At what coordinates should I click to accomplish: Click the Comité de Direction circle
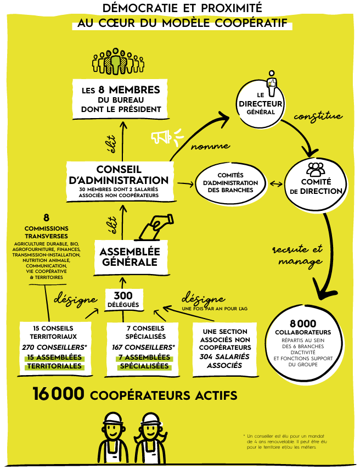[316, 185]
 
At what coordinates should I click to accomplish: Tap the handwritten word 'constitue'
[318, 116]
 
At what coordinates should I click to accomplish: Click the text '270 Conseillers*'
[54, 347]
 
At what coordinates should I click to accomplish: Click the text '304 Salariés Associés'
[224, 360]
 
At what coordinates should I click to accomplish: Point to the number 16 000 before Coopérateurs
[58, 394]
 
